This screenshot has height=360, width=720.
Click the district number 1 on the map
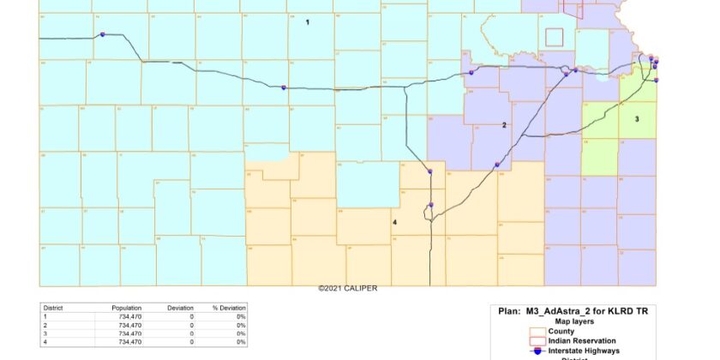(307, 23)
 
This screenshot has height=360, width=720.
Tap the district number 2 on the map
(504, 125)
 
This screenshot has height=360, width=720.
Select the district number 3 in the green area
(637, 119)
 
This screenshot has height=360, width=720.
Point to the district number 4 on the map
(394, 222)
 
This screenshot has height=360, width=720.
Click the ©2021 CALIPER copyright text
(347, 289)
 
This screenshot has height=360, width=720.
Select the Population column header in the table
(126, 307)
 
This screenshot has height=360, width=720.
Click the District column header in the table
(53, 307)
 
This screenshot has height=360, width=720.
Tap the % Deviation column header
(229, 307)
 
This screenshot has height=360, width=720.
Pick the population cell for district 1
(126, 315)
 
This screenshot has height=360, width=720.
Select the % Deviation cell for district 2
(241, 324)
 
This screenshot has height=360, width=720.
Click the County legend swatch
(537, 330)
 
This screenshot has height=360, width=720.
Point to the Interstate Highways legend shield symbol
(537, 349)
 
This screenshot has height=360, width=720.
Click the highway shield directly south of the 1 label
(284, 87)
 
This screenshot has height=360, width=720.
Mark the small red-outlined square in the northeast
(554, 37)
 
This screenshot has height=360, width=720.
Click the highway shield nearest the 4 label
(430, 205)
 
